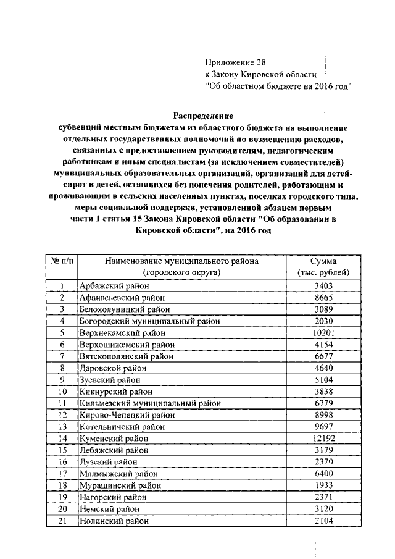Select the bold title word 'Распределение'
[x=202, y=116]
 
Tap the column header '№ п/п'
[x=62, y=261]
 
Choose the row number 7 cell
[x=62, y=356]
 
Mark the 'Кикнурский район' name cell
[x=112, y=392]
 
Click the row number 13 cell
[x=62, y=427]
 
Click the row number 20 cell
[x=62, y=510]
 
